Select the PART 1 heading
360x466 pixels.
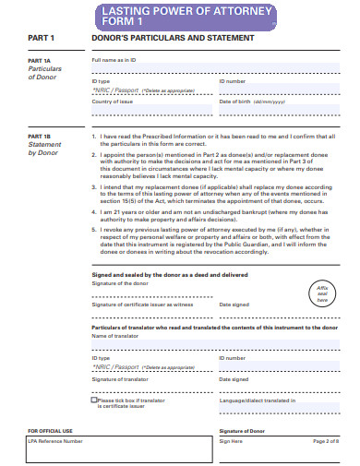point(42,39)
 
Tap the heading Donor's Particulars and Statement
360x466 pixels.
point(173,39)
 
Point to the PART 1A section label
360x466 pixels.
point(39,60)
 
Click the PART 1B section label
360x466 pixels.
point(39,136)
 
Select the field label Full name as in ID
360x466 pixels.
point(114,60)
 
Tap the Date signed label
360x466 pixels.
point(234,303)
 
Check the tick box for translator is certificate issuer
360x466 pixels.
point(94,400)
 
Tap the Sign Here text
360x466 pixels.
point(231,441)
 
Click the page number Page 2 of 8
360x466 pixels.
point(327,441)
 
